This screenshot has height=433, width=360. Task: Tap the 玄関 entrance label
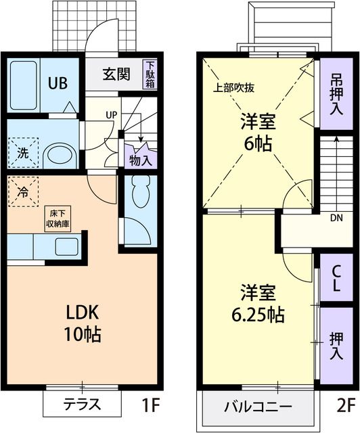[116, 74]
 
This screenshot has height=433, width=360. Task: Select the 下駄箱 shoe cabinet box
[149, 75]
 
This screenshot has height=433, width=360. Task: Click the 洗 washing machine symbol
[22, 152]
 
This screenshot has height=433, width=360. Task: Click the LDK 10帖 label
[83, 323]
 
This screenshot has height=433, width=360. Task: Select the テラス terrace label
[82, 405]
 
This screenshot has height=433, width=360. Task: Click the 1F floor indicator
[150, 406]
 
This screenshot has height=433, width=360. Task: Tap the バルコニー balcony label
[258, 407]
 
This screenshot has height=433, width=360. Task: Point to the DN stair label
[336, 219]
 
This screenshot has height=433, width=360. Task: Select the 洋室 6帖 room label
[259, 134]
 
